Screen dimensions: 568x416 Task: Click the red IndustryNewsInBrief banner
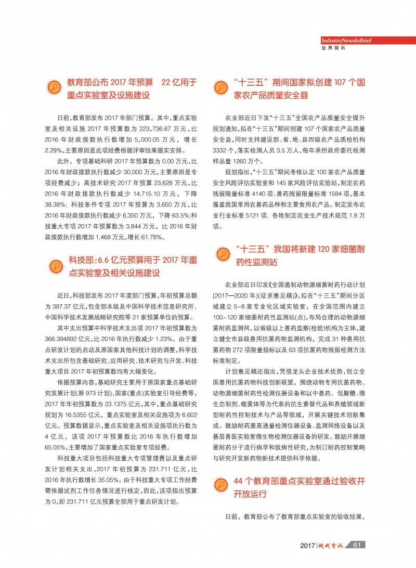click(345, 41)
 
